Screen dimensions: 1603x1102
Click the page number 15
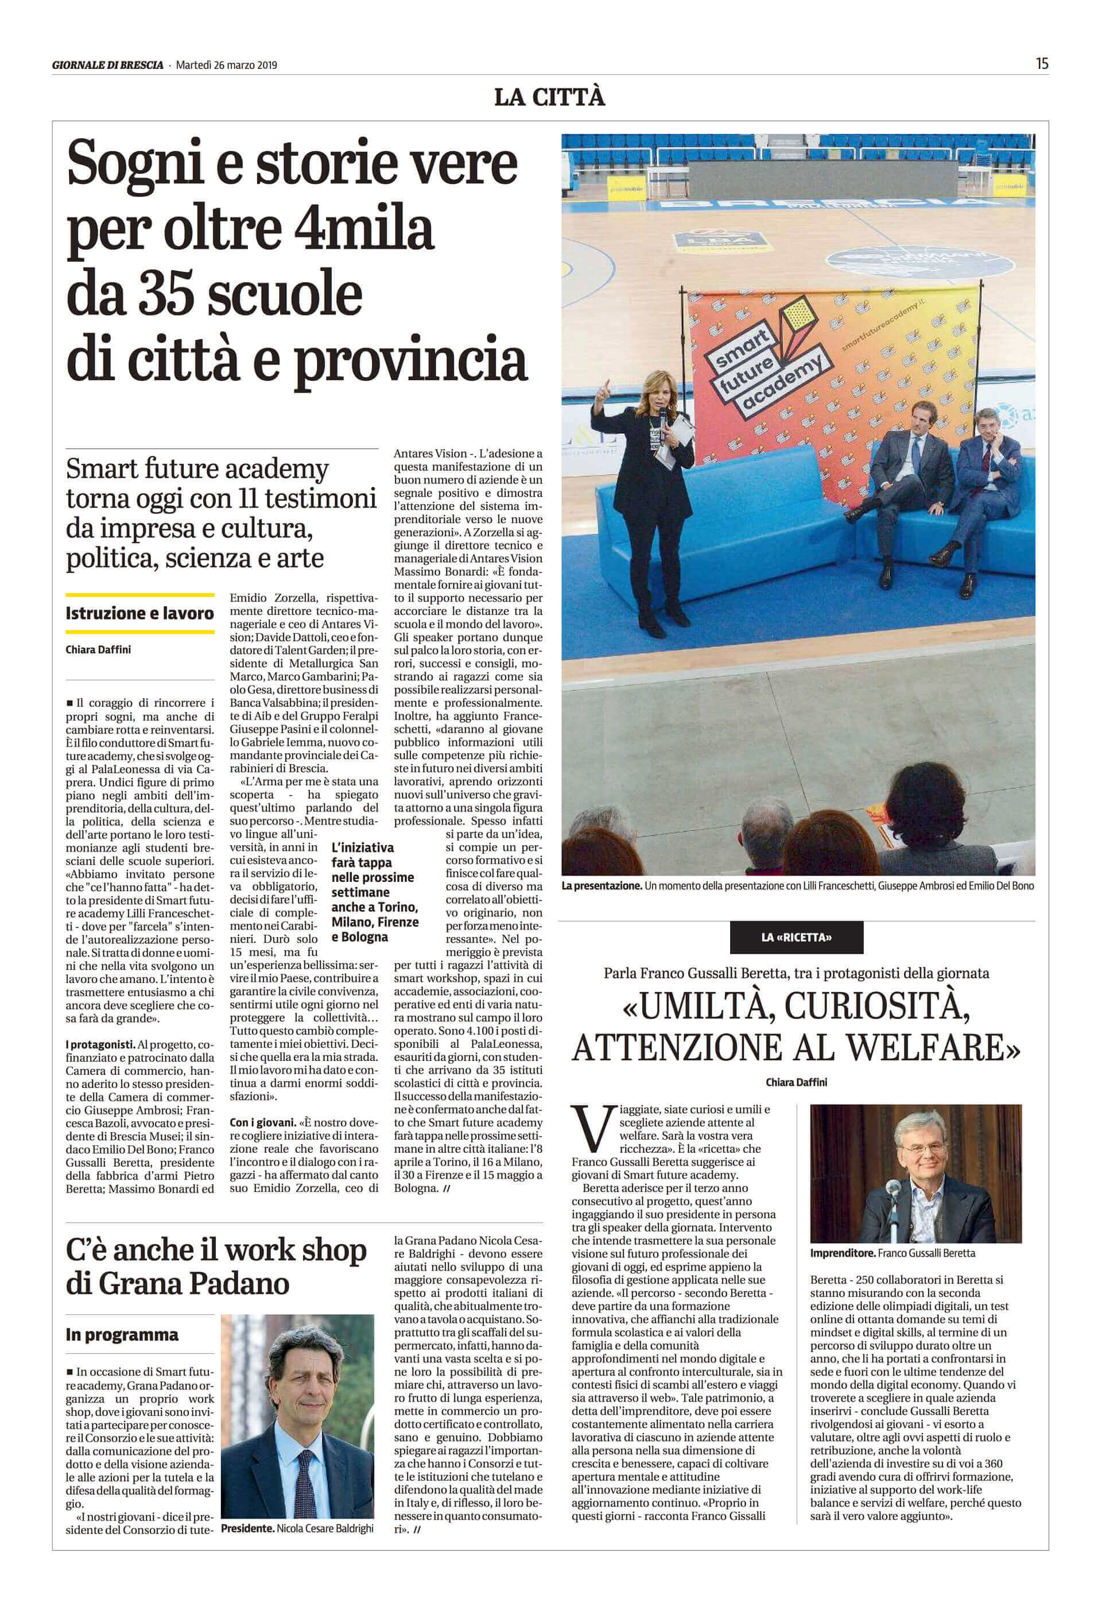(x=1041, y=64)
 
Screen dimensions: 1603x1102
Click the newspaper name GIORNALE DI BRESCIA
(x=108, y=65)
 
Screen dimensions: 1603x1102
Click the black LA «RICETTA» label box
(x=796, y=937)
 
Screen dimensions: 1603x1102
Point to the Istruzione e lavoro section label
(x=139, y=613)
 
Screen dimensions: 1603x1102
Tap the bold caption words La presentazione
(x=601, y=885)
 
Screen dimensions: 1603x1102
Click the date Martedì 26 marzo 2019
(x=227, y=65)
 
